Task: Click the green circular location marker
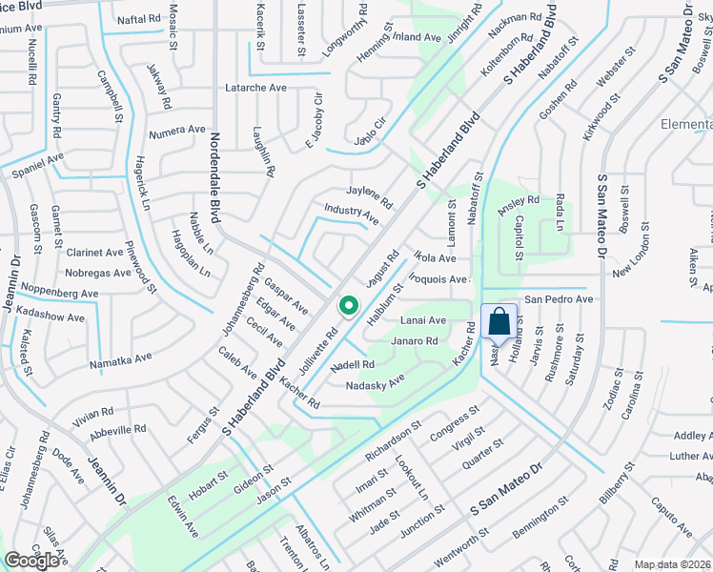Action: point(349,306)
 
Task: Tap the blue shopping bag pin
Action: point(499,322)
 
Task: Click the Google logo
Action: point(31,561)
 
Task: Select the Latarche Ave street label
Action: point(255,87)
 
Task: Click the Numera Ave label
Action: point(176,130)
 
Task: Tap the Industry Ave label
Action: point(351,214)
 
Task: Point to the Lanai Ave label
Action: point(423,320)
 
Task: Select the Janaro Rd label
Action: point(414,340)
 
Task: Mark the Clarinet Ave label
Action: point(95,253)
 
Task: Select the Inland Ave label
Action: point(417,38)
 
